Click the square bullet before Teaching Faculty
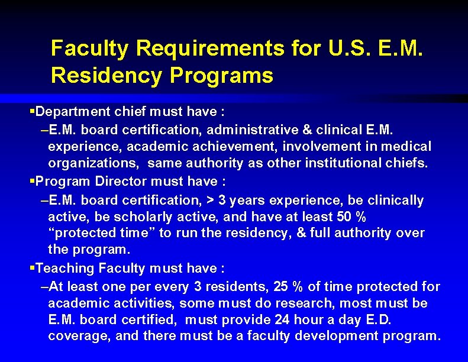point(33,269)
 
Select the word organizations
point(92,163)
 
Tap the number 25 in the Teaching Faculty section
point(281,286)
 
